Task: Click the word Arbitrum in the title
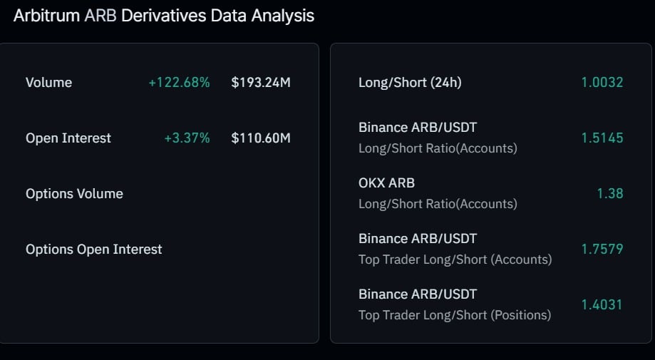point(46,16)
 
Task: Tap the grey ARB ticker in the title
point(100,16)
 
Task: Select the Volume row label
point(49,83)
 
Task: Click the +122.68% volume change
point(179,83)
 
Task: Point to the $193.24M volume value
point(261,83)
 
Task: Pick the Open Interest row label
point(68,138)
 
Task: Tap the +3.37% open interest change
point(187,138)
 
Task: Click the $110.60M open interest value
point(261,138)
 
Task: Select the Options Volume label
point(74,194)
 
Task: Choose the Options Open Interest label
point(94,250)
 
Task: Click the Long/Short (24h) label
point(410,83)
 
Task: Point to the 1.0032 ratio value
point(602,82)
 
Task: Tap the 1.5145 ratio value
point(602,138)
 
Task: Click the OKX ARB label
point(386,183)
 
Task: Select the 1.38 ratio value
point(610,193)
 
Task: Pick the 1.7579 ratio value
point(602,249)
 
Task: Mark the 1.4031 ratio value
point(602,304)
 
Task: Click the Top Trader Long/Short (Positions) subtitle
point(455,315)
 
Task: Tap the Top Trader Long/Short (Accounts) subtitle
point(455,259)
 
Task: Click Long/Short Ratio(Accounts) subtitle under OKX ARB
point(438,204)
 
